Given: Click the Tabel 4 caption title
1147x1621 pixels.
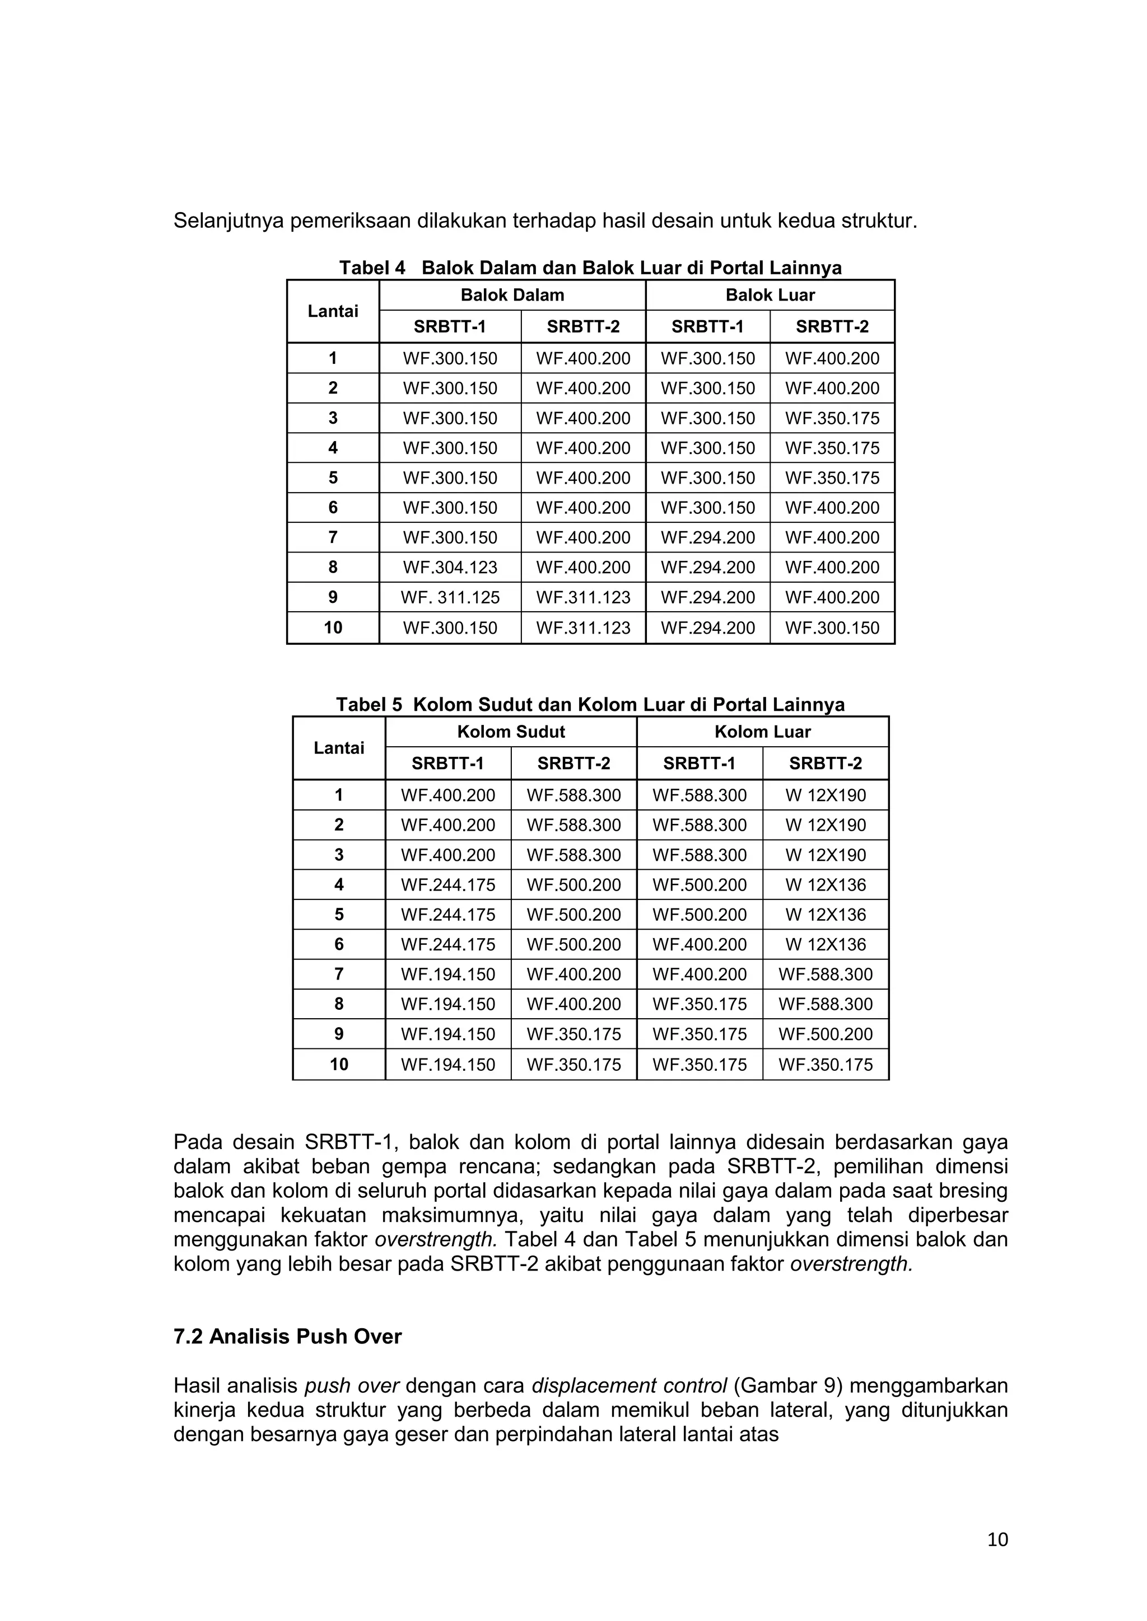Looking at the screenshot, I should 590,268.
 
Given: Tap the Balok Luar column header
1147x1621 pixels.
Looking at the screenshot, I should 770,295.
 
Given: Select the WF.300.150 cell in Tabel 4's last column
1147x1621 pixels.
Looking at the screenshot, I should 832,627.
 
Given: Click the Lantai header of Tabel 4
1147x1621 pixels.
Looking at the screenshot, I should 333,311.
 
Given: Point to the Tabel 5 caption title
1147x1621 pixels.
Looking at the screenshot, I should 590,705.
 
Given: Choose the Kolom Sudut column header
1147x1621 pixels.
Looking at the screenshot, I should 511,732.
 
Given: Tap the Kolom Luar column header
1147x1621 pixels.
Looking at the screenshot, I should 762,732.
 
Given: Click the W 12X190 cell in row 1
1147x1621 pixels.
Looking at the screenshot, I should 825,796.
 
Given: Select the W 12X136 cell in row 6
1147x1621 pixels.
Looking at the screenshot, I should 825,945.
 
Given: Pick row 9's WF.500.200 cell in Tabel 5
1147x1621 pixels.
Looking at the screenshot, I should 825,1034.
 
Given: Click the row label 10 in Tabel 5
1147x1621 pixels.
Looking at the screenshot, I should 339,1065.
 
